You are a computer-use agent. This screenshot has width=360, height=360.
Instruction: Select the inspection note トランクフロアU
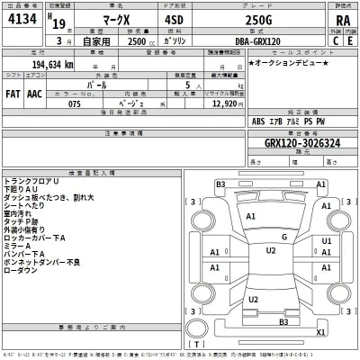[32, 182]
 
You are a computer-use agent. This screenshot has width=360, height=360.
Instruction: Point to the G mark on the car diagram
[283, 238]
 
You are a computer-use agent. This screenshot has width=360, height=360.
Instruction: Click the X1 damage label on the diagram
[319, 332]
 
